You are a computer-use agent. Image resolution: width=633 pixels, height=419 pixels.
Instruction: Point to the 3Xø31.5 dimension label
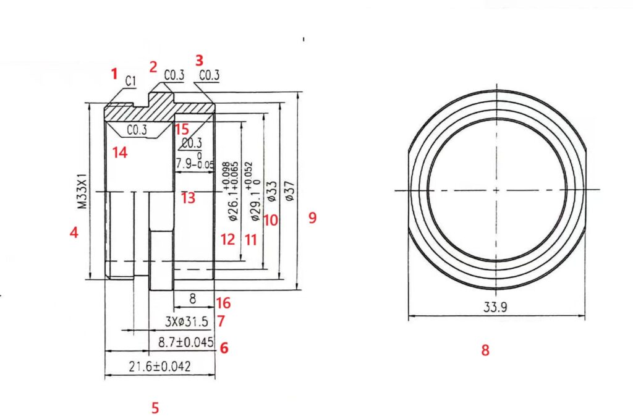click(187, 321)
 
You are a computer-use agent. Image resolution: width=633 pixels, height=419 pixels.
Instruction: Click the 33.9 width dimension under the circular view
click(496, 308)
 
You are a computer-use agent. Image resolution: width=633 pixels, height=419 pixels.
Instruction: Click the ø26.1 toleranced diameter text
click(229, 192)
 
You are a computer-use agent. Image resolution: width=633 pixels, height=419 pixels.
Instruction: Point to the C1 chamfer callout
click(130, 80)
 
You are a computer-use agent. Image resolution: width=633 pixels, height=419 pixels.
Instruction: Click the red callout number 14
click(120, 152)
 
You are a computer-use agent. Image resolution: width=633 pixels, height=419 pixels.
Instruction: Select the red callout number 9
click(312, 218)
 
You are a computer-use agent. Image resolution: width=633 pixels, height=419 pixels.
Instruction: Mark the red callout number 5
click(155, 408)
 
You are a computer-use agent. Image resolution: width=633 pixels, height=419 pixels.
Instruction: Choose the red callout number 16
click(223, 303)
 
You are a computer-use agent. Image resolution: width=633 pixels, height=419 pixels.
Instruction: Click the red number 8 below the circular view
click(485, 350)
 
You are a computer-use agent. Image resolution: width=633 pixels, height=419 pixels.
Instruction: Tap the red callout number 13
click(188, 198)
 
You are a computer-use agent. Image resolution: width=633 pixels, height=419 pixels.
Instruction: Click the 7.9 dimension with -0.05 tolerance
click(194, 163)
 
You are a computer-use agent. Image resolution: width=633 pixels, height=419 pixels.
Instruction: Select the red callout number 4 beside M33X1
click(74, 234)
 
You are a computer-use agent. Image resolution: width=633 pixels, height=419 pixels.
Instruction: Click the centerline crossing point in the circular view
click(496, 189)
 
